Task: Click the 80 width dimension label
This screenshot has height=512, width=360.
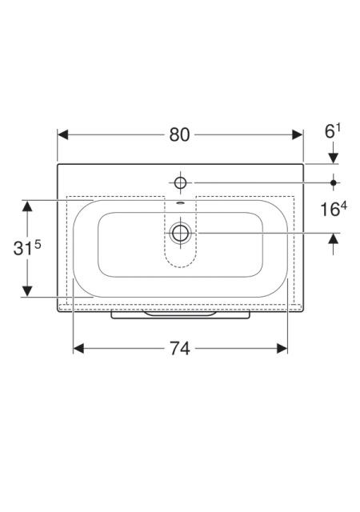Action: pos(179,134)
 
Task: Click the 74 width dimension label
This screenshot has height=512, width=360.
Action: pos(179,349)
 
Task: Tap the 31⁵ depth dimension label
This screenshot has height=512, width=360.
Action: pos(27,248)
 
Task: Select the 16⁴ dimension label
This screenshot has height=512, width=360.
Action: pos(334,209)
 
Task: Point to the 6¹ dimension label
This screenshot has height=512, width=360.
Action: pos(333,130)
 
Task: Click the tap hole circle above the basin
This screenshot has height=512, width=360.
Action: pos(180,182)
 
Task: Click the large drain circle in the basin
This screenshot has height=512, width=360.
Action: pos(180,233)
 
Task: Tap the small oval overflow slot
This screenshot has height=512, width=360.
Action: pos(180,204)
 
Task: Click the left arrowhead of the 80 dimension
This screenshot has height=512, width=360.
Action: pos(62,134)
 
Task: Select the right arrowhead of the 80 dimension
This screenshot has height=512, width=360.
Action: pos(298,134)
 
